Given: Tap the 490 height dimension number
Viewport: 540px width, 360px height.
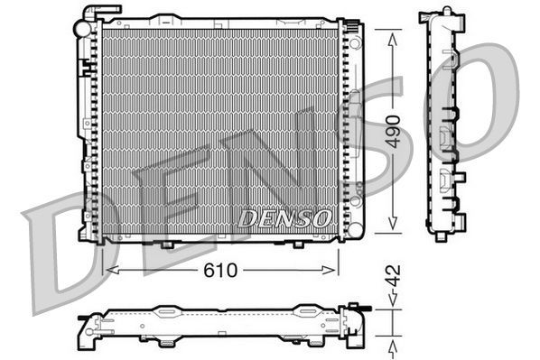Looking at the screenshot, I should [x=392, y=132].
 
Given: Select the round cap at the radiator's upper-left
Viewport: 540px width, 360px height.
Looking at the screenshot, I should [x=82, y=29].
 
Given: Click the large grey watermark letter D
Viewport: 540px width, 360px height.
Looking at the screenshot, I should [x=63, y=257].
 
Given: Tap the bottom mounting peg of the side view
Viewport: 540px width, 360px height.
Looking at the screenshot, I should [x=441, y=235].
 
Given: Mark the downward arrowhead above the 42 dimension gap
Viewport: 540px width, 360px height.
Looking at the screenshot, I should [x=392, y=306].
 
